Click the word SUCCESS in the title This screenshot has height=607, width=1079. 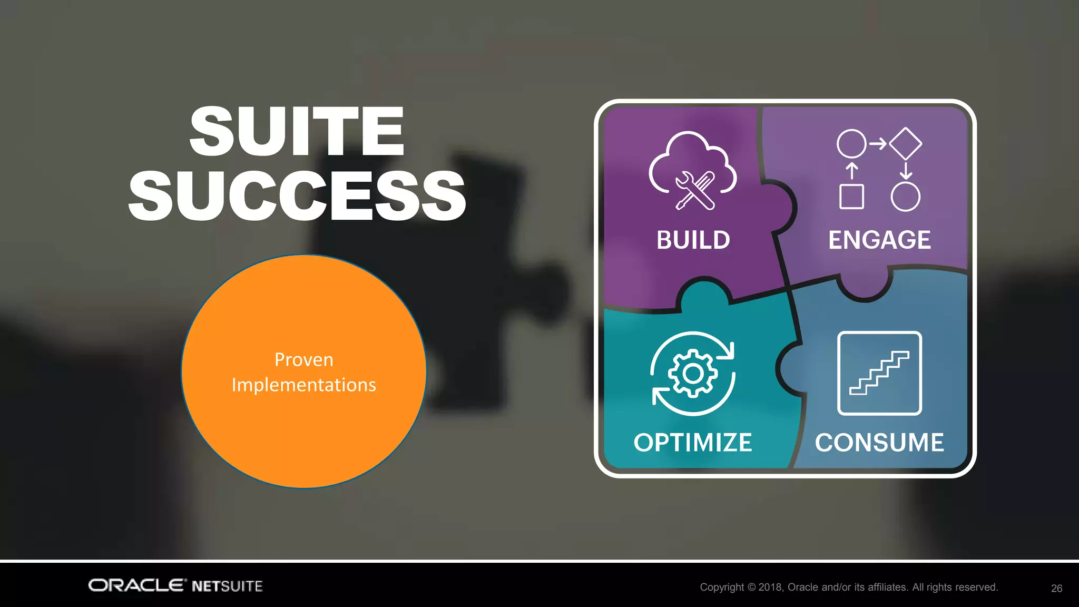[x=297, y=196]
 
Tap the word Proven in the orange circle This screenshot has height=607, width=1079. [x=303, y=360]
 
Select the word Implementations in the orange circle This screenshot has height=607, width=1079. [x=303, y=385]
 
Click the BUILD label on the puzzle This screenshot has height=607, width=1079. [x=693, y=240]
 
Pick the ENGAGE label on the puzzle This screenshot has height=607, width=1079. [x=879, y=240]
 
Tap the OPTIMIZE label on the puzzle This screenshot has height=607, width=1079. [x=692, y=443]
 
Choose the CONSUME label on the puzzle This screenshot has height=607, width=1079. [x=879, y=443]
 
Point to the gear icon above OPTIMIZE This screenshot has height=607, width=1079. [x=692, y=374]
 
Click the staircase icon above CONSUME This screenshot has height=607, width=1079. [x=879, y=373]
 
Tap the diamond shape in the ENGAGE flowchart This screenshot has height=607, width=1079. [x=905, y=143]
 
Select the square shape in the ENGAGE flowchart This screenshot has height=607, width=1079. [x=851, y=197]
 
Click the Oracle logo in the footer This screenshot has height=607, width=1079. [x=137, y=585]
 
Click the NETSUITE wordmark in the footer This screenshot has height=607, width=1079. [x=227, y=586]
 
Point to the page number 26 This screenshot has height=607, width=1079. [x=1056, y=589]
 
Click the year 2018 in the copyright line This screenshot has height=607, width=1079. [x=770, y=587]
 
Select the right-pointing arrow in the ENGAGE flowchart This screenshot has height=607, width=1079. [x=877, y=143]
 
